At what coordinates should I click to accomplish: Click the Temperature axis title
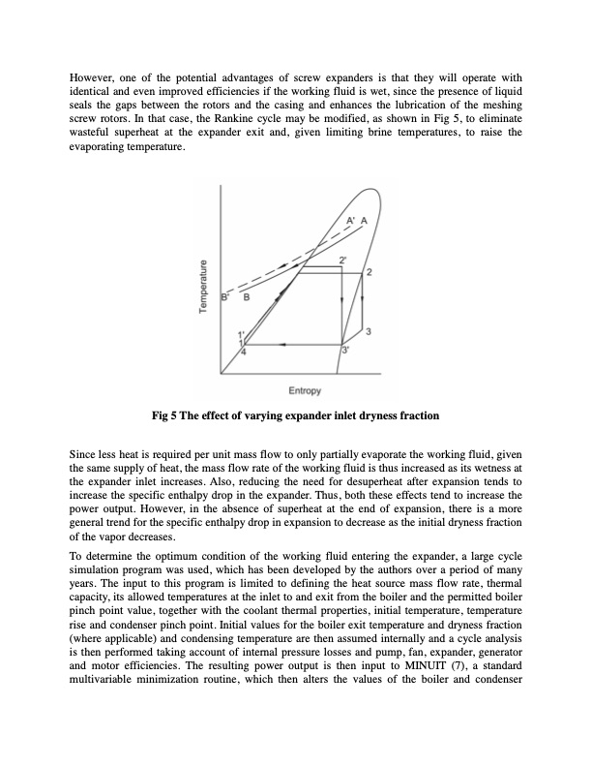tap(203, 283)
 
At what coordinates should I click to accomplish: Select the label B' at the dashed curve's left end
tap(224, 296)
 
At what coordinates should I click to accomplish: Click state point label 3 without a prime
tap(370, 334)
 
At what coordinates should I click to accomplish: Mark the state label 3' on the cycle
tap(344, 350)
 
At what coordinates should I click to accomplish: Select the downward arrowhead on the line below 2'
tap(343, 302)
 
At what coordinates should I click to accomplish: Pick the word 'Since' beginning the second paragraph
tap(84, 453)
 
